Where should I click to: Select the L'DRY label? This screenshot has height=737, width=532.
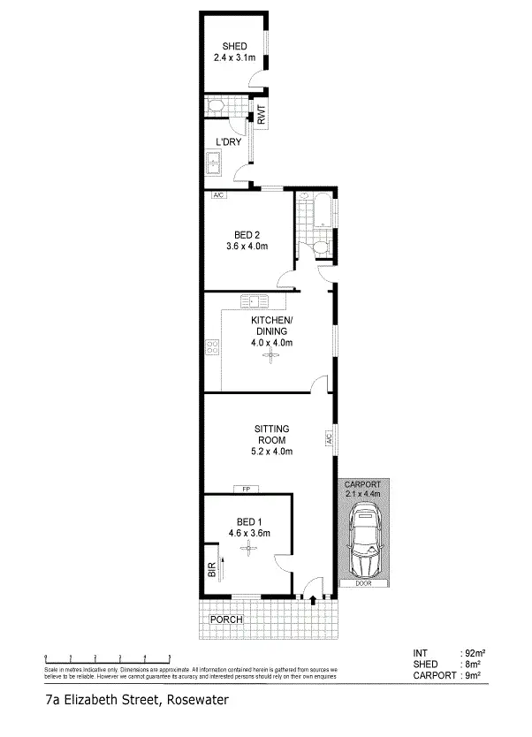click(228, 141)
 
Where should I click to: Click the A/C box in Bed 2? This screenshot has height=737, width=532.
click(217, 195)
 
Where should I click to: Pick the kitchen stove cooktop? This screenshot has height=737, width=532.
click(212, 349)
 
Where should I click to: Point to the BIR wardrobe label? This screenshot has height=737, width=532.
click(212, 571)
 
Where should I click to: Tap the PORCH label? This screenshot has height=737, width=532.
click(225, 620)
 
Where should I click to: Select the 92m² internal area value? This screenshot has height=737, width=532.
click(475, 653)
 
